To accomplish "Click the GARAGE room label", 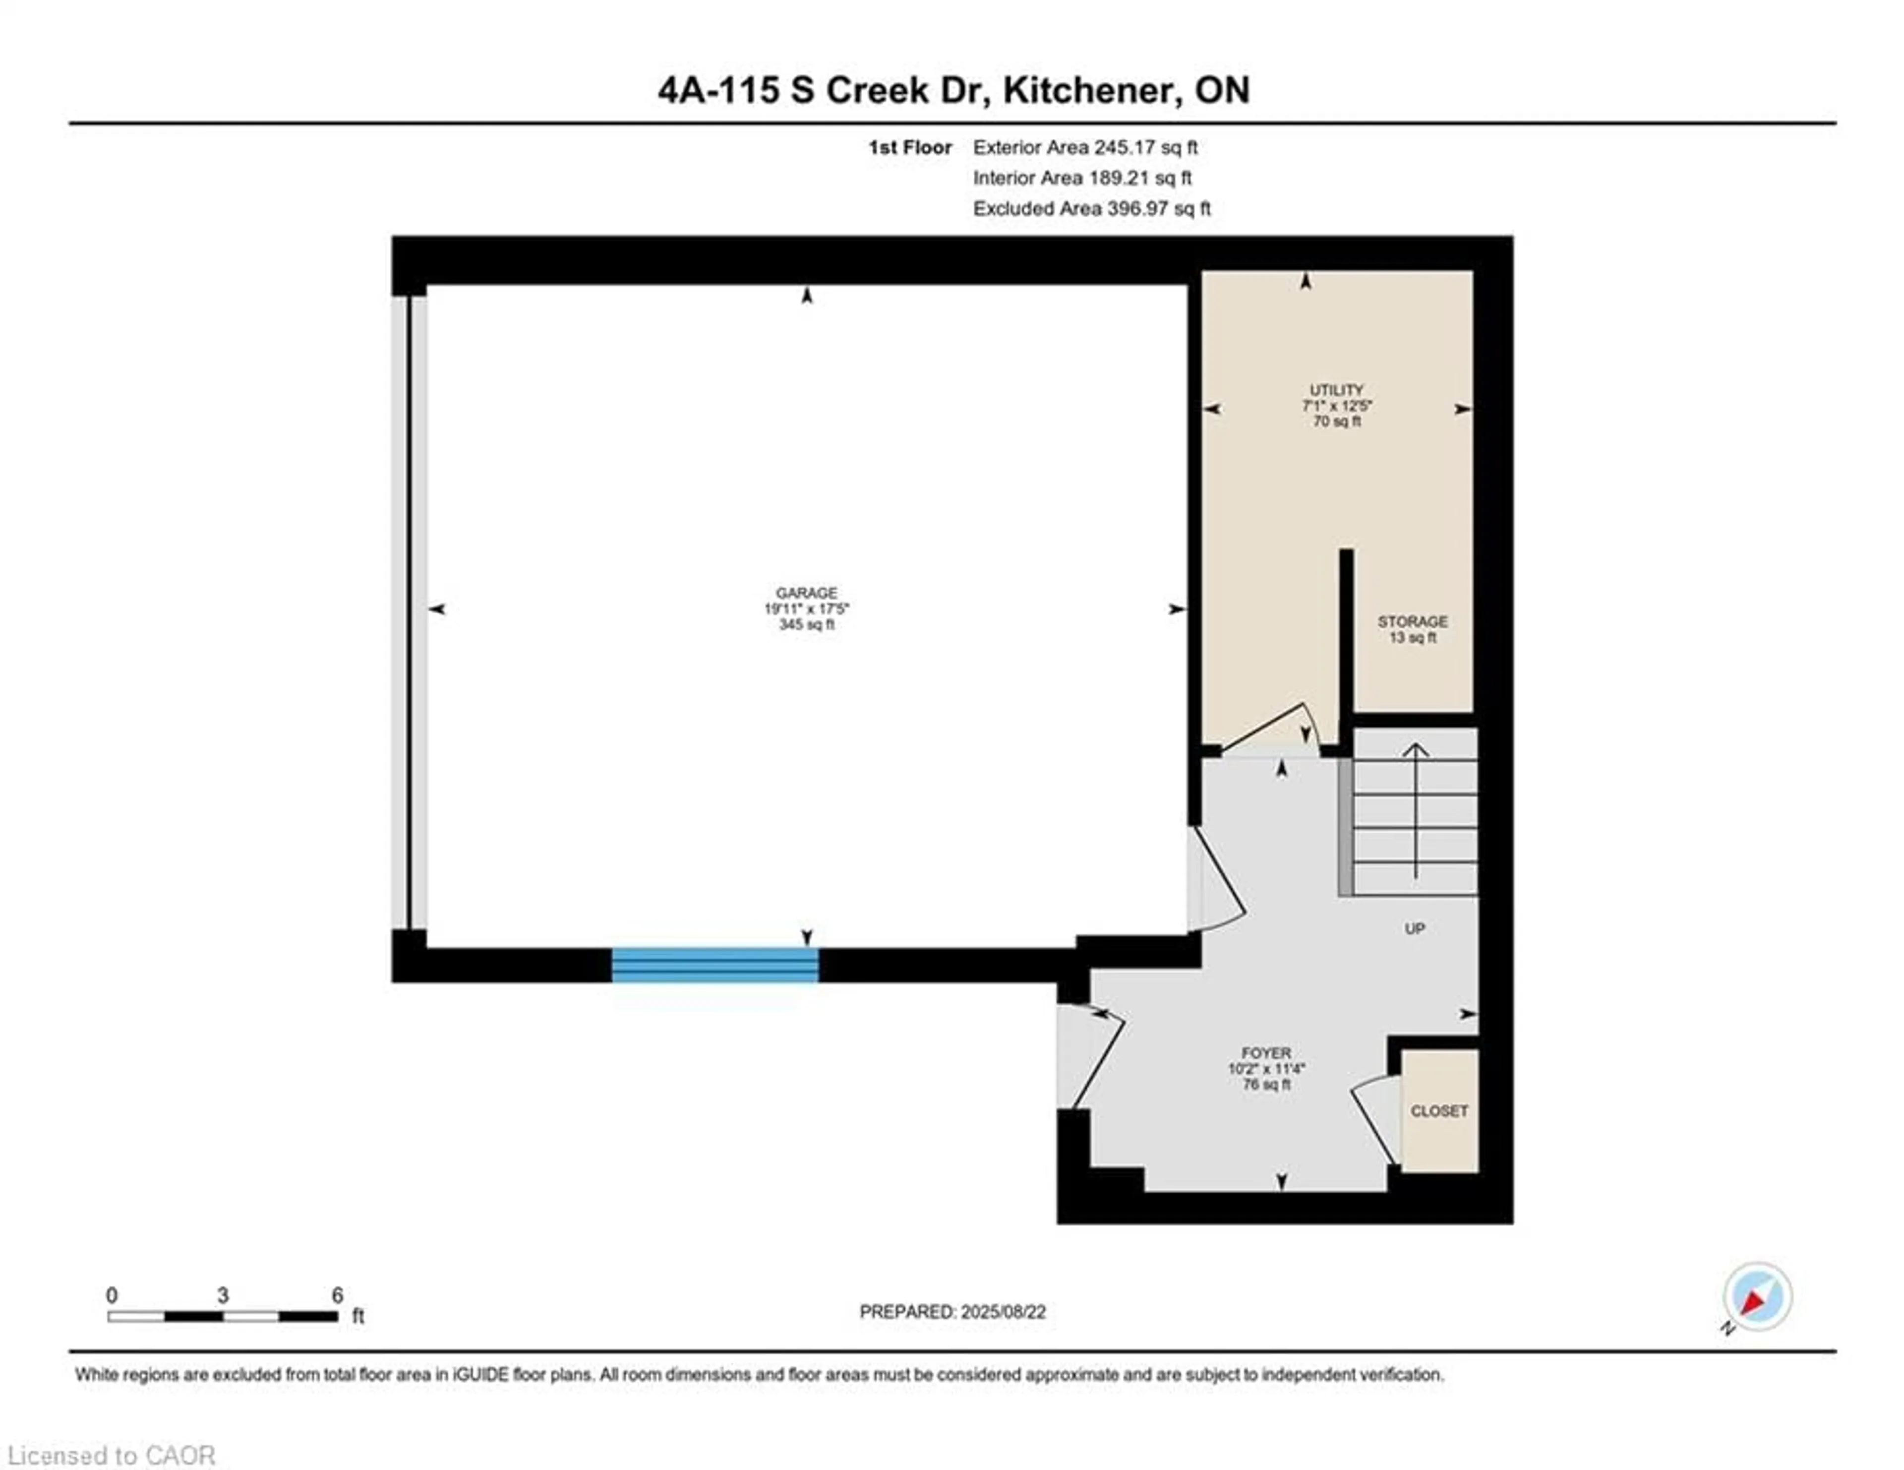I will (806, 593).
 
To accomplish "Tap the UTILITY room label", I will (1336, 390).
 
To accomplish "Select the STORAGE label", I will (1412, 621).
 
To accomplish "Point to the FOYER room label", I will (1266, 1053).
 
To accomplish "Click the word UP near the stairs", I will (1414, 928).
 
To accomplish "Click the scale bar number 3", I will (223, 1295).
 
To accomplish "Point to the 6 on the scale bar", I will (337, 1295).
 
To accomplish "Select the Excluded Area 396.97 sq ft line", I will (1091, 208).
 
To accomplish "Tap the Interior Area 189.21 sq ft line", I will (1082, 178).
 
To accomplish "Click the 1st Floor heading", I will (909, 147).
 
